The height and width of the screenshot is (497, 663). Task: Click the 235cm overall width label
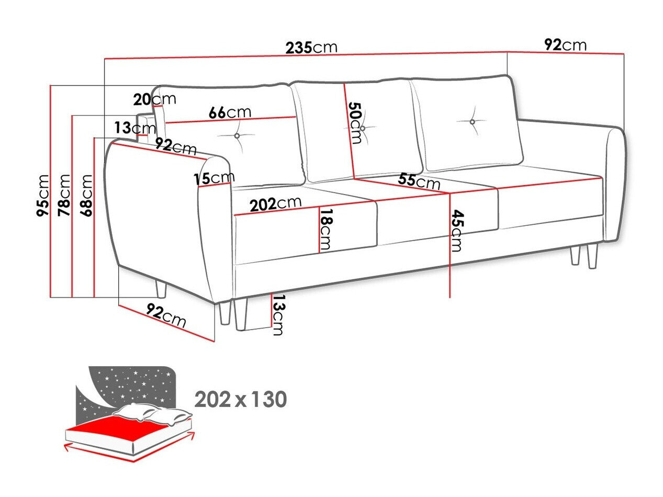pyautogui.click(x=311, y=48)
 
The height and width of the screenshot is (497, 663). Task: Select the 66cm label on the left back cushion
pyautogui.click(x=230, y=112)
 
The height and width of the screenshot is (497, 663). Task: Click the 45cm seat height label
pyautogui.click(x=457, y=230)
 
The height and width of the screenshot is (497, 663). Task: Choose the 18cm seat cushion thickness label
pyautogui.click(x=326, y=229)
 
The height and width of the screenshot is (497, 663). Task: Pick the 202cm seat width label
pyautogui.click(x=275, y=204)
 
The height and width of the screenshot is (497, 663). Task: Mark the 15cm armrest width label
pyautogui.click(x=213, y=178)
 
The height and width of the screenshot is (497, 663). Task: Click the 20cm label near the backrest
pyautogui.click(x=154, y=99)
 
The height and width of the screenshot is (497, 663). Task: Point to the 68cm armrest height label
pyautogui.click(x=86, y=195)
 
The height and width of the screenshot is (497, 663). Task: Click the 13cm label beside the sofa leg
pyautogui.click(x=278, y=315)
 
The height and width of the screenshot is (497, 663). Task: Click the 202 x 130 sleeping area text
pyautogui.click(x=240, y=400)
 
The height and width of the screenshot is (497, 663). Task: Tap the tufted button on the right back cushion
pyautogui.click(x=472, y=122)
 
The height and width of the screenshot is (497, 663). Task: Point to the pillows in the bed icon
pyautogui.click(x=152, y=413)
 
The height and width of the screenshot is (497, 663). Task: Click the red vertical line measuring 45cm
pyautogui.click(x=450, y=246)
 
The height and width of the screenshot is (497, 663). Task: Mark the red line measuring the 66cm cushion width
pyautogui.click(x=230, y=120)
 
